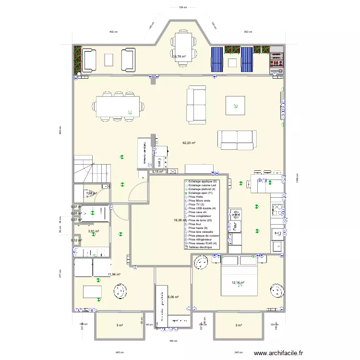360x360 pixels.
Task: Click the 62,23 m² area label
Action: point(189,143)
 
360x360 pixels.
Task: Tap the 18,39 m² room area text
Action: point(180,220)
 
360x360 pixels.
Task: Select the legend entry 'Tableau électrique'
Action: point(202,247)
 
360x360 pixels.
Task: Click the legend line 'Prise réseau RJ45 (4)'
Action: point(204,243)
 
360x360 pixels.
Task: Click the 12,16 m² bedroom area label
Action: point(239,283)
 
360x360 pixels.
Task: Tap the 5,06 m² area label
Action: point(172,297)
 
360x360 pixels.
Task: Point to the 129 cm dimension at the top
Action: point(182,8)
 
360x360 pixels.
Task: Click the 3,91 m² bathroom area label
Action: point(93,231)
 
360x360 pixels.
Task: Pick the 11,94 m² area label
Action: point(114,275)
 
